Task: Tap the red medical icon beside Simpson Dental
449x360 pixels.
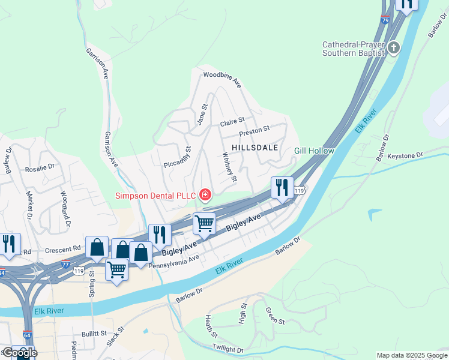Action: coord(205,194)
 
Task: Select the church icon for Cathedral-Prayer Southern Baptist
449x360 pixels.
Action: coord(394,47)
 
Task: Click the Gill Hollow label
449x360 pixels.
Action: coord(314,151)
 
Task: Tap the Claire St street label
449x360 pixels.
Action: coord(233,122)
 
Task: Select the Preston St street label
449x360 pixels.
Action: coord(255,129)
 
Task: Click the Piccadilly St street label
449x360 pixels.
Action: coord(178,157)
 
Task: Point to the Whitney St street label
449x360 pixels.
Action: coord(231,167)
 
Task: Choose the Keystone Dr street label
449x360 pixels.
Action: coord(405,155)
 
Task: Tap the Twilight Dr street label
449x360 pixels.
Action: coord(228,349)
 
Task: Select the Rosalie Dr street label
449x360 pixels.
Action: coord(40,170)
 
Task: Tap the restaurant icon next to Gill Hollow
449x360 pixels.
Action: coord(281,188)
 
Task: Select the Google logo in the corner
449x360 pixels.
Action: coord(20,353)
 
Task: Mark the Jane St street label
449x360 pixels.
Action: coord(202,115)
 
